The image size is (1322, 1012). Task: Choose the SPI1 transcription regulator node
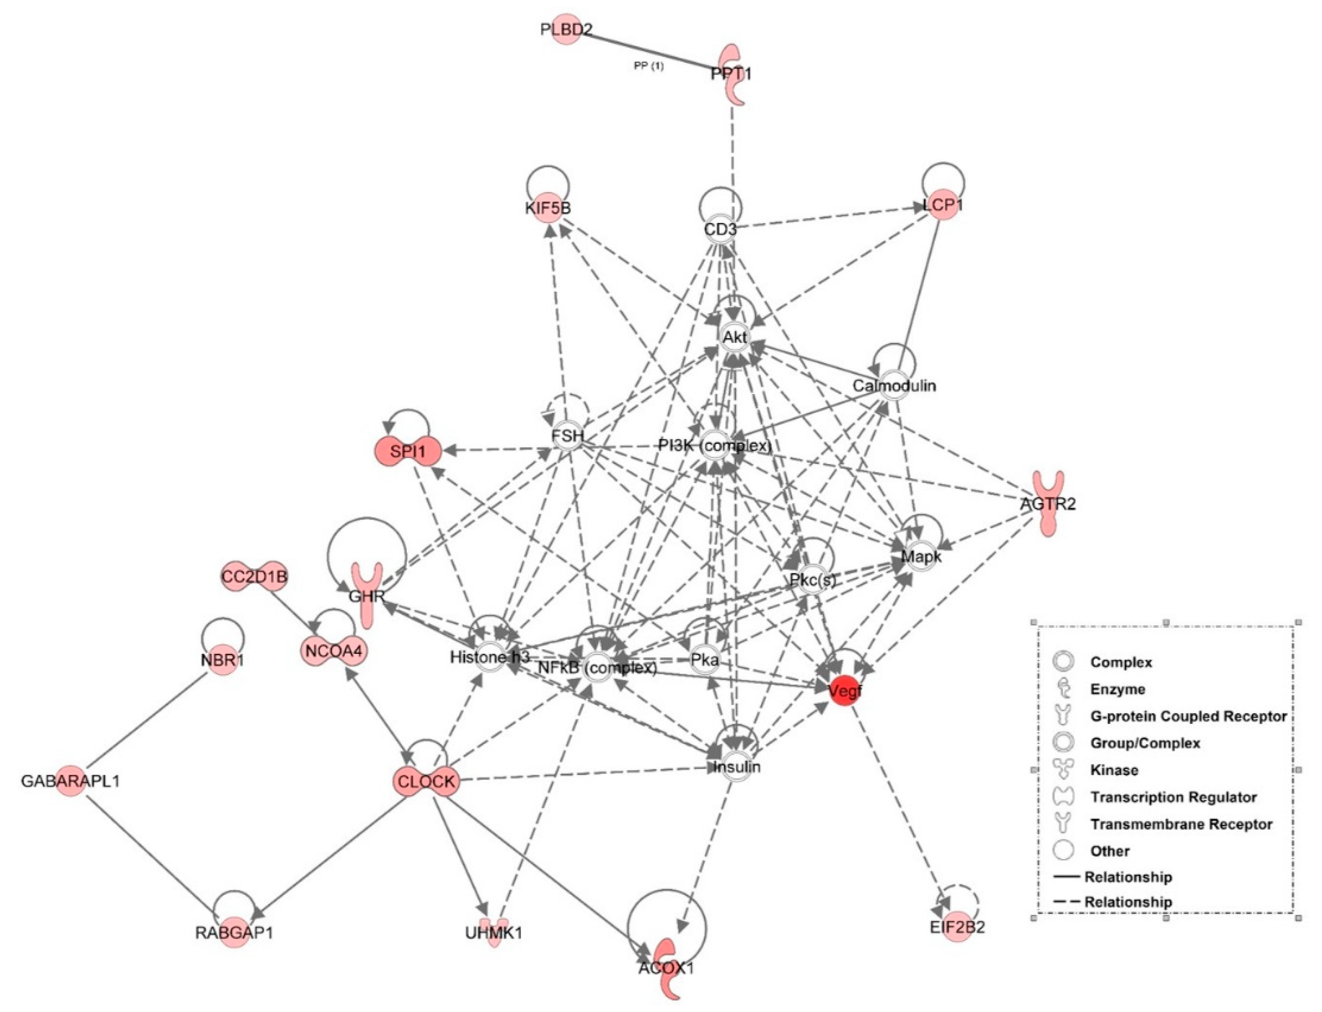click(408, 450)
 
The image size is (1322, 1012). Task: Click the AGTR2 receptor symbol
click(1047, 503)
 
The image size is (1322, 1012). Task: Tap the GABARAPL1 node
click(71, 781)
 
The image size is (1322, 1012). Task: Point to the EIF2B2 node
click(957, 927)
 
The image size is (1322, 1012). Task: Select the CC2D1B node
click(254, 576)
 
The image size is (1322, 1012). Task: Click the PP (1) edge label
click(649, 66)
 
